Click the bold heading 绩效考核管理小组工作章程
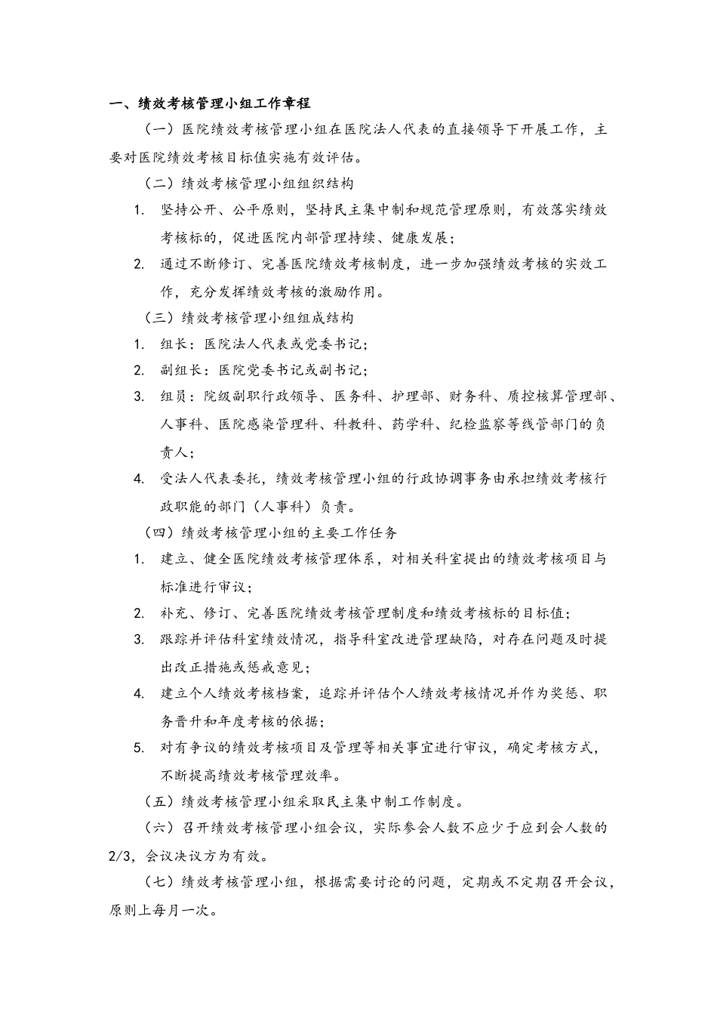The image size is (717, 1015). [x=219, y=103]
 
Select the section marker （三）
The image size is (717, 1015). [x=160, y=318]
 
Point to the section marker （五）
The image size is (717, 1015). [x=160, y=801]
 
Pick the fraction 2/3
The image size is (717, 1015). [x=122, y=856]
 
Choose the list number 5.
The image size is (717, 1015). [x=139, y=748]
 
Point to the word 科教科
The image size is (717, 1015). [x=355, y=425]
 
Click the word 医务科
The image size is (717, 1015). [x=355, y=398]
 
